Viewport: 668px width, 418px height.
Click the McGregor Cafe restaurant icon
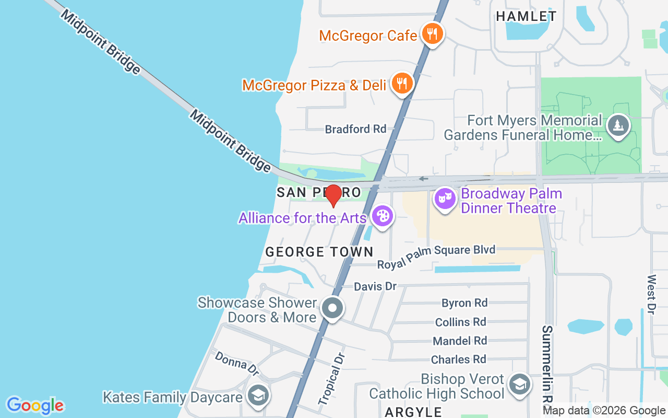(x=432, y=34)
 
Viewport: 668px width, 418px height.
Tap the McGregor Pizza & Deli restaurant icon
(x=402, y=83)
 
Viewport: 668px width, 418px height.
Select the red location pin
(x=333, y=195)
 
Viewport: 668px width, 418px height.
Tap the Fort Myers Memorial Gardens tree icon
(x=618, y=125)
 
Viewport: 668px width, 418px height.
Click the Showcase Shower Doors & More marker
(x=332, y=308)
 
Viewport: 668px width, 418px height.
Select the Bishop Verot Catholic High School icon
(x=520, y=385)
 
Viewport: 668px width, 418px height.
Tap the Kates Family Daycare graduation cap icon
(x=257, y=395)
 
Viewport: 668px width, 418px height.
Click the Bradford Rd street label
(x=355, y=129)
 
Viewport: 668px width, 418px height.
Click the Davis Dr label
(x=375, y=286)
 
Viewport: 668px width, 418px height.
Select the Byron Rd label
(x=464, y=303)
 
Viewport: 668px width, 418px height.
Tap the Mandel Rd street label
(x=460, y=341)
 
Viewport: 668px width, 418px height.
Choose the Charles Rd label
(x=458, y=359)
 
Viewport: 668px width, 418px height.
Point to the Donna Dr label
(x=237, y=363)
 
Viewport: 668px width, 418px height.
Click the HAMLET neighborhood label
(x=526, y=17)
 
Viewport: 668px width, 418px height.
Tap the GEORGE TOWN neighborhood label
(x=319, y=252)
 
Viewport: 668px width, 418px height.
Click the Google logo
(x=35, y=405)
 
